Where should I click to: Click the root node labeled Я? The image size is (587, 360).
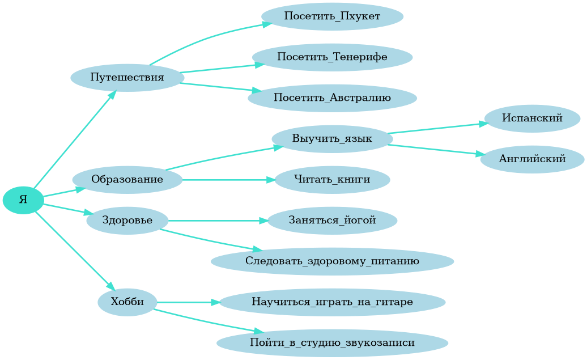point(23,200)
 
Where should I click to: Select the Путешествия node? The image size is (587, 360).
point(127,77)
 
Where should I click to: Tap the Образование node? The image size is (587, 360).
point(127,180)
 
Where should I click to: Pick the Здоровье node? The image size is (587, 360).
point(127,221)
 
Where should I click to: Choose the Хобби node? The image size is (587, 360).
point(127,302)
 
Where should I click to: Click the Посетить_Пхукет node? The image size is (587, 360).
point(332,16)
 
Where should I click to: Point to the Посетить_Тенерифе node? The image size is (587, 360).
point(332,57)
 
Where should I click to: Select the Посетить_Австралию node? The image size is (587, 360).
point(332,98)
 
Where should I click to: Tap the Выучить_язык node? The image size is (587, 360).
point(332,139)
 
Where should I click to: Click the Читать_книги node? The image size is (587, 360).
point(332,180)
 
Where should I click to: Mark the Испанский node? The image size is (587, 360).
point(532,118)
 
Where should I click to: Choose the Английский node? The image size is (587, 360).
point(532,159)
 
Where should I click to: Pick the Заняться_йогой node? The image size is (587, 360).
point(332,221)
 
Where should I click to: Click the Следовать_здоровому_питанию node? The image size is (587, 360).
point(332,261)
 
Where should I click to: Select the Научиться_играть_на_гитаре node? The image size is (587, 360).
point(332,302)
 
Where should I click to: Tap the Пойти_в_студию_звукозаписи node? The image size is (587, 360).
point(332,343)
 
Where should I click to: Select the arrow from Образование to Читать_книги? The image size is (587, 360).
point(227,180)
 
